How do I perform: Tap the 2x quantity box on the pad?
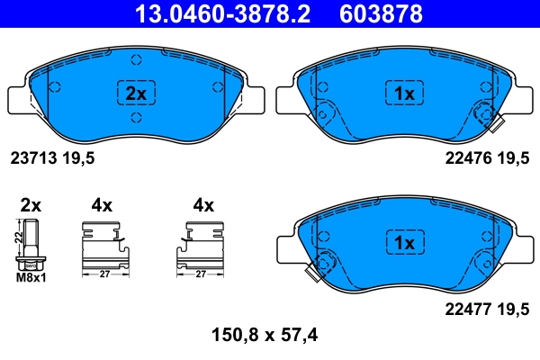pyautogui.click(x=135, y=93)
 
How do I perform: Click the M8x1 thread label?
pyautogui.click(x=32, y=277)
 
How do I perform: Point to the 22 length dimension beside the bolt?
pyautogui.click(x=17, y=238)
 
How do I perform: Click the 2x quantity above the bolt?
pyautogui.click(x=31, y=205)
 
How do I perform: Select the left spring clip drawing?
pyautogui.click(x=105, y=245)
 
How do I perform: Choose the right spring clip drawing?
pyautogui.click(x=201, y=245)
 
